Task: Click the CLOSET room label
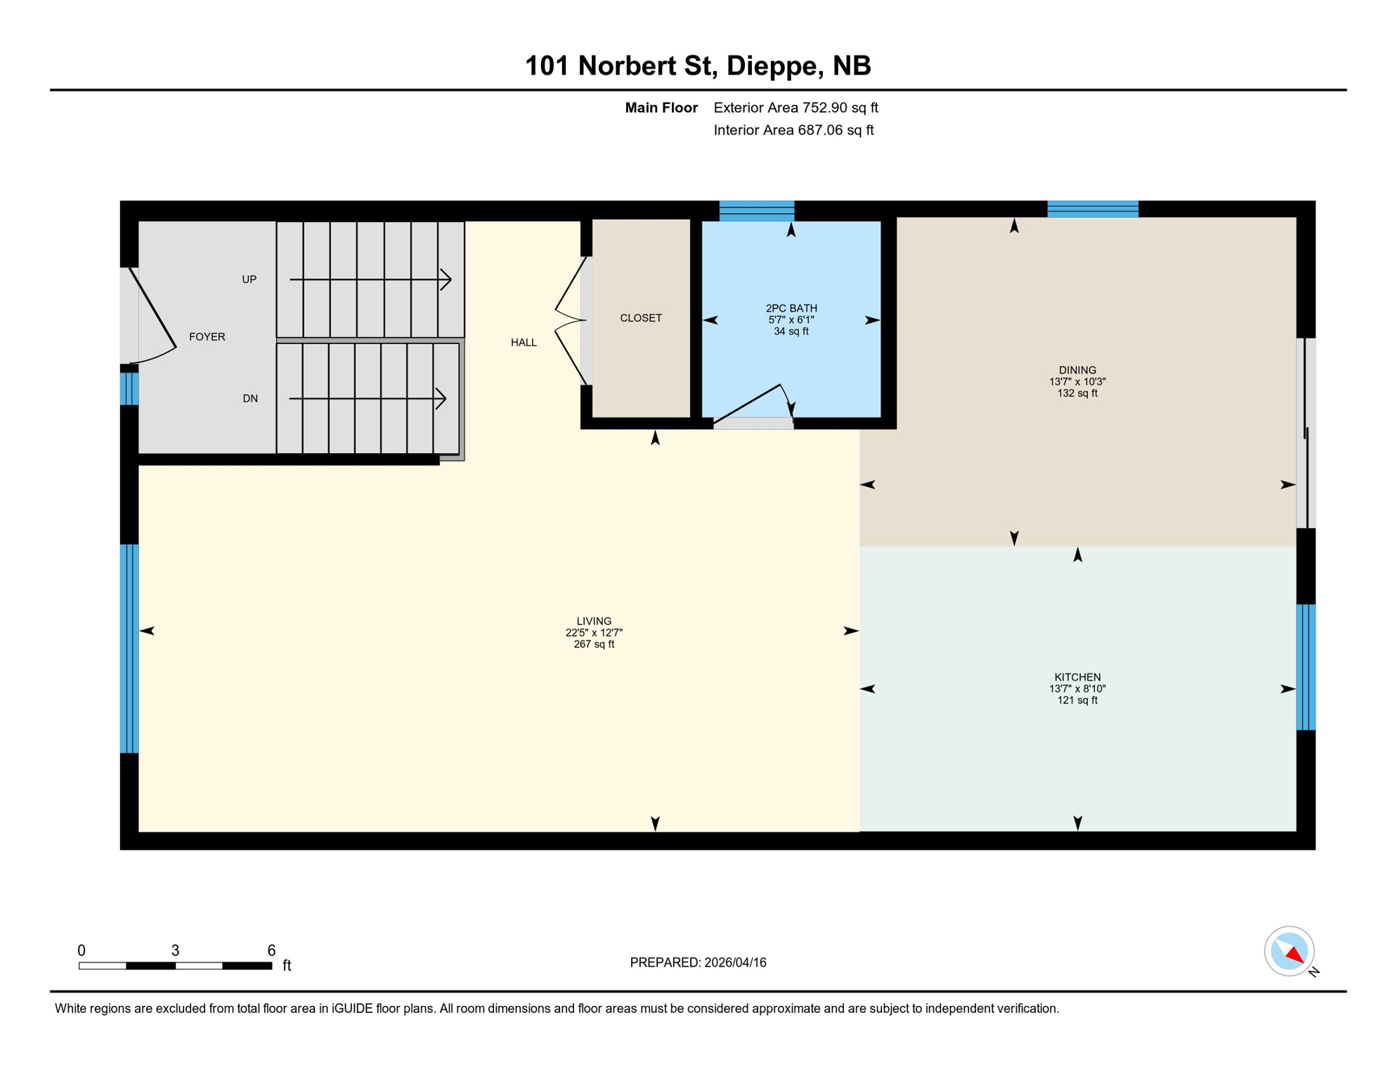(x=640, y=318)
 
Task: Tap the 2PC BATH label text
(x=791, y=308)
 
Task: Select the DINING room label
(x=1077, y=370)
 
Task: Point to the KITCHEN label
(x=1077, y=677)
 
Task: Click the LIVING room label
(x=594, y=621)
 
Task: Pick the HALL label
(x=524, y=343)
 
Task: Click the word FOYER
(x=207, y=337)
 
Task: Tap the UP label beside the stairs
(x=249, y=280)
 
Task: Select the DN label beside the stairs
(x=249, y=398)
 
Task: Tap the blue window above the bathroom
(x=756, y=211)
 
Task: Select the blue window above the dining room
(x=1092, y=209)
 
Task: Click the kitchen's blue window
(x=1305, y=667)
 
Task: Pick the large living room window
(x=129, y=648)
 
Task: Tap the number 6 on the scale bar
(x=271, y=950)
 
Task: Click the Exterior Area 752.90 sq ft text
(x=795, y=107)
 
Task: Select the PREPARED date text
(x=697, y=962)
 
